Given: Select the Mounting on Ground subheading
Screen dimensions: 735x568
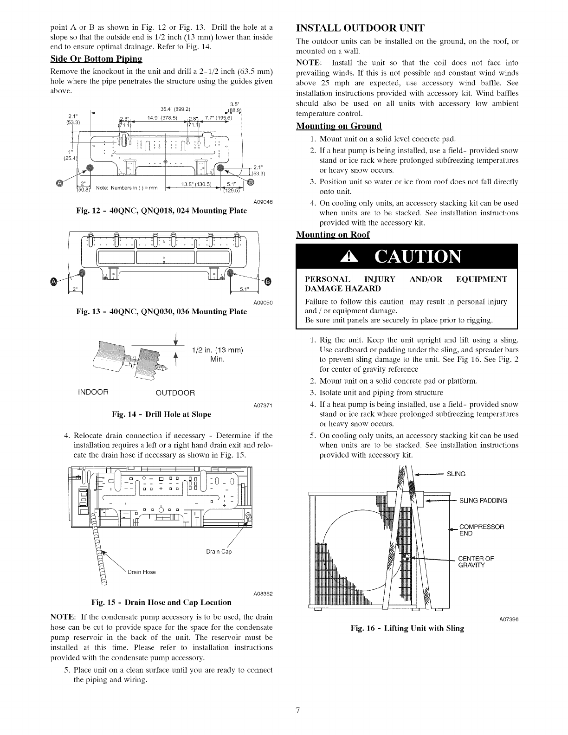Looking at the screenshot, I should coord(339,126).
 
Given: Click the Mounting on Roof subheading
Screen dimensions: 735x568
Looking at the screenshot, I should coord(333,234).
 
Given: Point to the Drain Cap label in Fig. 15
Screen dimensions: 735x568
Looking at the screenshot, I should coord(219,552).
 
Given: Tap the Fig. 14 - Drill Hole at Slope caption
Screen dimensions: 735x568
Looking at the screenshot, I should coord(161,414).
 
